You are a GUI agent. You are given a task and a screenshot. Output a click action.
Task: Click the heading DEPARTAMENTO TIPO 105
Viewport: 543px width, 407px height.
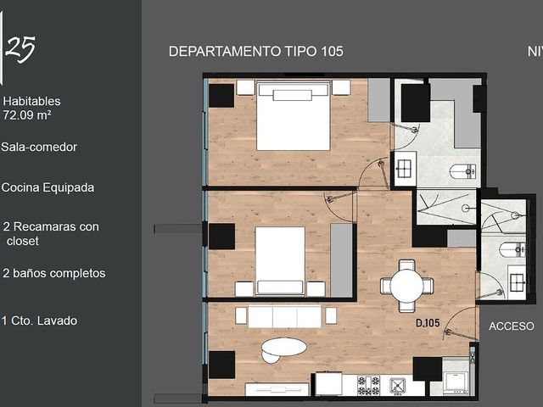click(256, 52)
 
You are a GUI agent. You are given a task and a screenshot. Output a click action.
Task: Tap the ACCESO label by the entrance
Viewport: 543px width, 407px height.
click(511, 326)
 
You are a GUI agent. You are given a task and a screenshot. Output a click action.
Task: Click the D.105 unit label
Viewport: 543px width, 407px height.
click(428, 323)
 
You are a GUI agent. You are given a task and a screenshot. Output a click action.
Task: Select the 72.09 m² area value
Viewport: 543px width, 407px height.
click(27, 115)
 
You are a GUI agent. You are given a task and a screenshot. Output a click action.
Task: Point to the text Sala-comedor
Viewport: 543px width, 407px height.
click(39, 147)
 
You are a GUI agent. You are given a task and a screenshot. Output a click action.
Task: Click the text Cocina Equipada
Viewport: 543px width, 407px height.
click(48, 187)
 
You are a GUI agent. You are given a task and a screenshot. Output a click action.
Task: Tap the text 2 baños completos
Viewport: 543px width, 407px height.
click(54, 273)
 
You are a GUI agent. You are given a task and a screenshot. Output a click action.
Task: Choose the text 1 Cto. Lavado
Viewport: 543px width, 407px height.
click(39, 321)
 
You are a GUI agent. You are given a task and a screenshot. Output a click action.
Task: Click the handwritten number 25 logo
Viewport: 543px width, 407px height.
click(20, 48)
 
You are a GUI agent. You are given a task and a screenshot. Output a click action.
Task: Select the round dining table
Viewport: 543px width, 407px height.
click(407, 287)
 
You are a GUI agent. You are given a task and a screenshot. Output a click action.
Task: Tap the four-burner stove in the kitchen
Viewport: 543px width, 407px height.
click(368, 386)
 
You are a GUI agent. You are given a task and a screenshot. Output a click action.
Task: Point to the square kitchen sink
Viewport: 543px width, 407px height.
click(398, 386)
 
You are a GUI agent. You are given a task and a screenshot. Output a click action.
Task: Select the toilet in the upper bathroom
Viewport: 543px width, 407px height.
click(463, 171)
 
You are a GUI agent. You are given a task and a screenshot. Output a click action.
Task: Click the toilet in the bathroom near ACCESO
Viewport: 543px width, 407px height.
click(512, 249)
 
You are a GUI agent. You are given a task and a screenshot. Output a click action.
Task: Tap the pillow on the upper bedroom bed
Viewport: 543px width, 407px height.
click(292, 95)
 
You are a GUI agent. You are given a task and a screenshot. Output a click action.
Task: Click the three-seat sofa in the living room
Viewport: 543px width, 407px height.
click(285, 316)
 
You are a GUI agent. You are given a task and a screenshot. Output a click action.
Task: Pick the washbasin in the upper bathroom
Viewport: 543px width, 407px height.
click(405, 169)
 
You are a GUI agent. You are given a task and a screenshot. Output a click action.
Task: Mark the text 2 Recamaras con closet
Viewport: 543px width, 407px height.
click(51, 234)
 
